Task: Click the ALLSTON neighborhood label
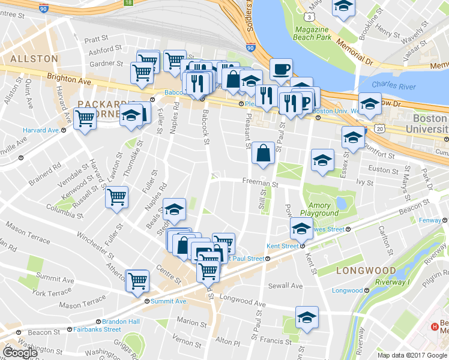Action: [34, 59]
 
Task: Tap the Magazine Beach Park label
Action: [312, 34]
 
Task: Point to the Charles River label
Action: [394, 86]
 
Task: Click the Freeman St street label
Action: [261, 181]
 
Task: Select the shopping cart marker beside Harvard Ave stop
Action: [85, 118]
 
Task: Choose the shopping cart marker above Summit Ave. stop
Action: [137, 279]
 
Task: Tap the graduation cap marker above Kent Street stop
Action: [301, 227]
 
